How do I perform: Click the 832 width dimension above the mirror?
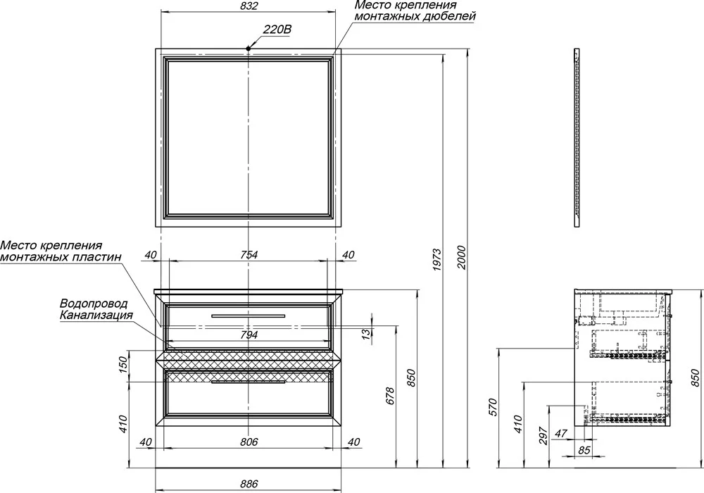(249, 6)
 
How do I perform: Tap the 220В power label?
(277, 30)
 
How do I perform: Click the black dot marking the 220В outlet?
(249, 48)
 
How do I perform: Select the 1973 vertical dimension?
(438, 259)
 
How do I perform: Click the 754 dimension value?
(249, 254)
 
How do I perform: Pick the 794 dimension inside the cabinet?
(249, 335)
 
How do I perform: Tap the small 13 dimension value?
(366, 334)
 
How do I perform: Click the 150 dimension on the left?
(125, 366)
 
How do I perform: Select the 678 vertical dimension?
(390, 396)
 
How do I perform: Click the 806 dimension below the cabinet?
(249, 442)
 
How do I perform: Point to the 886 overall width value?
(249, 484)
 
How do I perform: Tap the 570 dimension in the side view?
(494, 407)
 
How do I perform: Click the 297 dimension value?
(543, 435)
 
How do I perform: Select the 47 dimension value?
(561, 433)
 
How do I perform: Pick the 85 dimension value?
(584, 450)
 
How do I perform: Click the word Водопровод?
(94, 304)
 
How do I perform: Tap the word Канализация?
(96, 315)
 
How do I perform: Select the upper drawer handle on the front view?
(249, 316)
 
